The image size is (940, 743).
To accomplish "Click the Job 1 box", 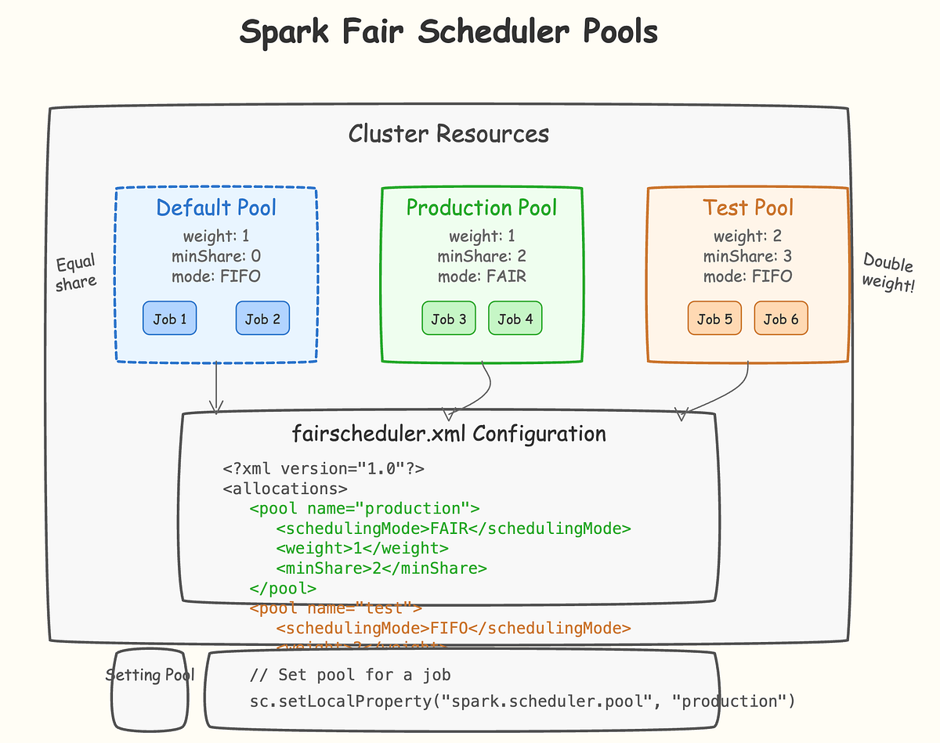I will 169,319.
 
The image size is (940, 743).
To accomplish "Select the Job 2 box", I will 262,319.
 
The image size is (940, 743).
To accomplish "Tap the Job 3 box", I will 449,319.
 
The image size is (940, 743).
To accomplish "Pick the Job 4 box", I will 515,319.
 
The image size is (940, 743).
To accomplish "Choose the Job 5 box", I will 714,319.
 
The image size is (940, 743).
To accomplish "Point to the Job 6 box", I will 781,319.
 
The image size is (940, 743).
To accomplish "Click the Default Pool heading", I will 216,207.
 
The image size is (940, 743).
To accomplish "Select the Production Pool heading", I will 482,207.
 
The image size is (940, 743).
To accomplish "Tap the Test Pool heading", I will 748,207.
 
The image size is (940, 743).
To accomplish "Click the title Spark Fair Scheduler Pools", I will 448,33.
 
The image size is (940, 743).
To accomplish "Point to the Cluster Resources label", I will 448,134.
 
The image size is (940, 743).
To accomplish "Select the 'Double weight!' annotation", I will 888,272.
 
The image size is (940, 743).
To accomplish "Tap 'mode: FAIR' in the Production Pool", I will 482,276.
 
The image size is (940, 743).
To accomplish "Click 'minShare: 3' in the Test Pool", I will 748,256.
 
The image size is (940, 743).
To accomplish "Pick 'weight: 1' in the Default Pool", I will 216,236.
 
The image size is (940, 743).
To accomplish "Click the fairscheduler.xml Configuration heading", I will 448,434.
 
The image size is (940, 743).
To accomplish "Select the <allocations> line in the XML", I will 285,489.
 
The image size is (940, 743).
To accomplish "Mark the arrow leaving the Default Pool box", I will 216,388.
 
